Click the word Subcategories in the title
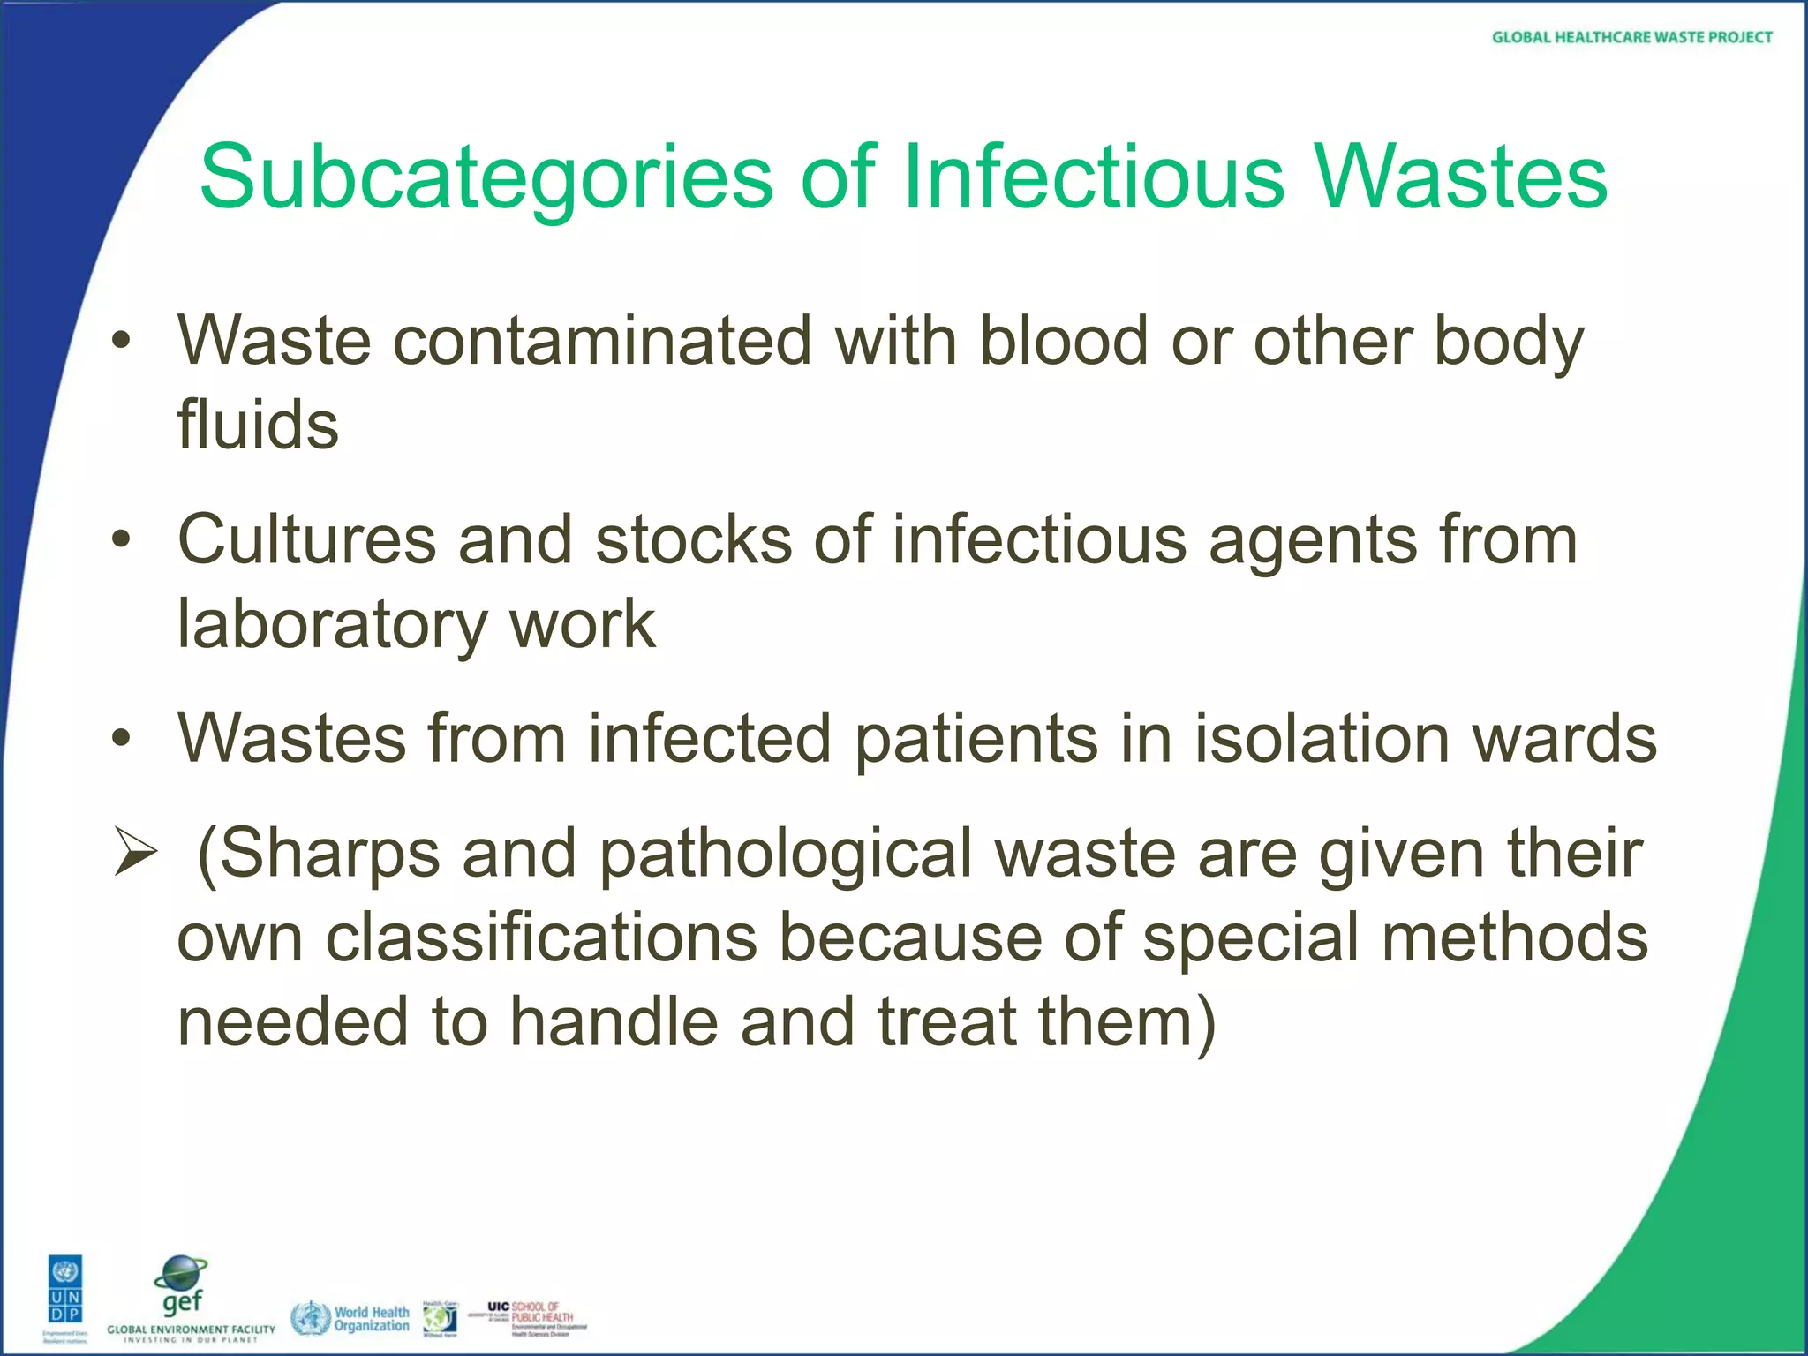click(x=486, y=179)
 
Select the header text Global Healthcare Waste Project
click(x=1631, y=37)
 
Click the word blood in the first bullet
click(x=1064, y=341)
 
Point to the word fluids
click(x=258, y=424)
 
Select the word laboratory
click(x=332, y=625)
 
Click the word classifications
click(x=541, y=938)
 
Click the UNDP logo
click(x=65, y=1297)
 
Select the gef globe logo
click(x=181, y=1286)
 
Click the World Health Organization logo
click(x=351, y=1318)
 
